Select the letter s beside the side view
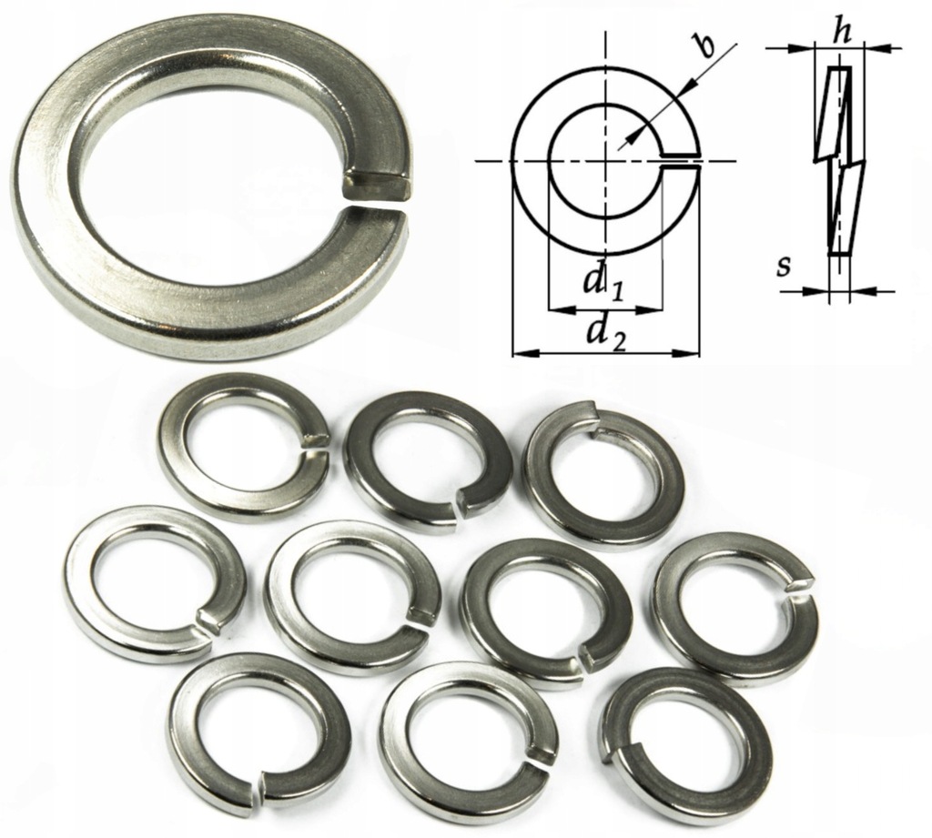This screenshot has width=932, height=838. (x=783, y=268)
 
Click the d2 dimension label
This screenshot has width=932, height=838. (x=605, y=333)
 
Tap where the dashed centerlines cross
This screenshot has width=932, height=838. (x=604, y=162)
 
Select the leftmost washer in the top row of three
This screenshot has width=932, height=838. (x=244, y=447)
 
